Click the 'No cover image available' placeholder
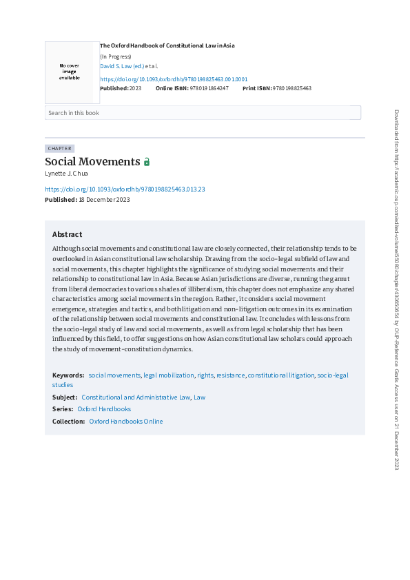69,72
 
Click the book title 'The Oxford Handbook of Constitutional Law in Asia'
167,45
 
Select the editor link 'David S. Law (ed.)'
122,66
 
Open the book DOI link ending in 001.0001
174,79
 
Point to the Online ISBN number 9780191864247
209,89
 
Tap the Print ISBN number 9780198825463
292,89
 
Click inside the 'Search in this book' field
203,113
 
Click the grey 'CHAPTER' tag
59,148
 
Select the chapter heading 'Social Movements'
92,162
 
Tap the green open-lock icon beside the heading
147,162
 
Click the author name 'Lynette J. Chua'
66,174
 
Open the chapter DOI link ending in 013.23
125,189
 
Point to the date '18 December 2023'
104,200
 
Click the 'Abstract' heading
67,234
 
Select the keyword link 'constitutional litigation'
280,375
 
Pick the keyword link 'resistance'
230,375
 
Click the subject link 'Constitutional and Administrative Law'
135,397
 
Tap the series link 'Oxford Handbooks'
104,409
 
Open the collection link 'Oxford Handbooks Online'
126,421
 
